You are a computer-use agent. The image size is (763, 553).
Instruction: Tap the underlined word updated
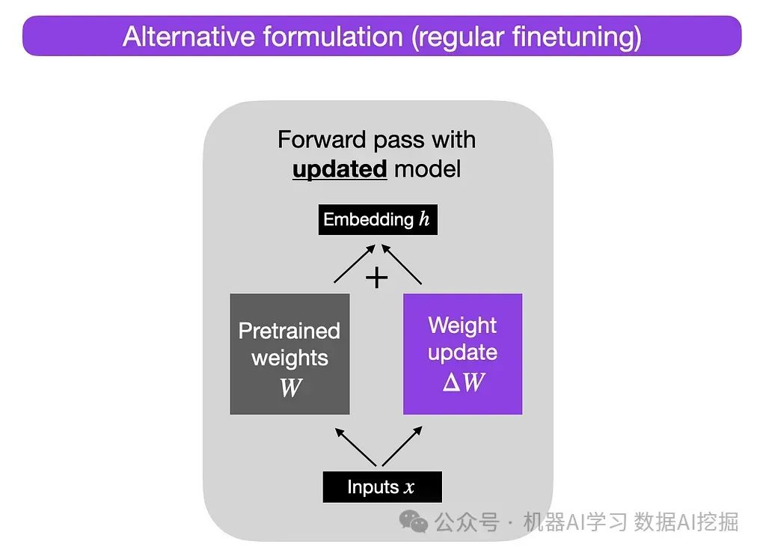coord(340,169)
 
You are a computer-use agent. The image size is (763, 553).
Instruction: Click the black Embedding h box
coord(377,220)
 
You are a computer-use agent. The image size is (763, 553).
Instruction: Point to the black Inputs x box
coord(381,487)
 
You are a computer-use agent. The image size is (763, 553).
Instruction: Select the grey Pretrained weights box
coord(289,354)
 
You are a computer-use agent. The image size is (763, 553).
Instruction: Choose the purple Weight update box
coord(462,354)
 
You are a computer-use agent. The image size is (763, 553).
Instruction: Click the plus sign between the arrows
coord(376,278)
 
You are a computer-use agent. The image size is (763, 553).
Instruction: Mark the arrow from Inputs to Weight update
coord(402,446)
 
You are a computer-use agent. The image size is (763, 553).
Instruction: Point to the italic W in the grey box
coord(289,388)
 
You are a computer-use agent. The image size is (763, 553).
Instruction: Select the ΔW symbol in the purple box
coord(463,382)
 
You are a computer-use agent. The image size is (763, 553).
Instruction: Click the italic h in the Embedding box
coord(424,220)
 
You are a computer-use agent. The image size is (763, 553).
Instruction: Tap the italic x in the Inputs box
coord(408,488)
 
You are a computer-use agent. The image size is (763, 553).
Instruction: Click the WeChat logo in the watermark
coord(414,521)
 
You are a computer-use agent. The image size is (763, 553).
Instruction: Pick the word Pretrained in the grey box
coord(289,331)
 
